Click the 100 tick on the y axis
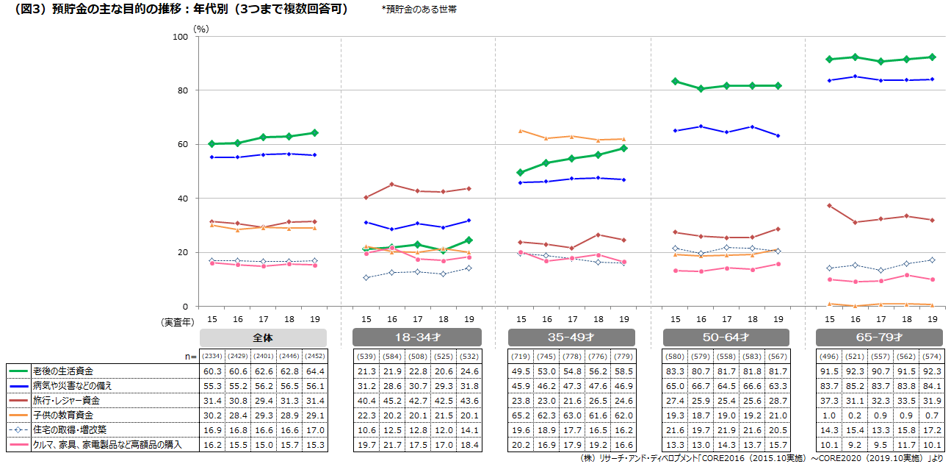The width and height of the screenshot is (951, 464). point(179,37)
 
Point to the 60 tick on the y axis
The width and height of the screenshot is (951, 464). point(181,145)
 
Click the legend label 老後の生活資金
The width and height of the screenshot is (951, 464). point(65,371)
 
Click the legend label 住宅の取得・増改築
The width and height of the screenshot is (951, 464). point(70,429)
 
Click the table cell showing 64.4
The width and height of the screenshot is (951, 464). point(314,371)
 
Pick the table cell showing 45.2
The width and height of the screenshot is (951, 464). point(391,400)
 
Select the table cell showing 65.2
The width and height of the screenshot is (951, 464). point(521,415)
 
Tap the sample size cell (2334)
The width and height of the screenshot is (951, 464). point(212,356)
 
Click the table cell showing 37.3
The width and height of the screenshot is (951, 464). point(829,400)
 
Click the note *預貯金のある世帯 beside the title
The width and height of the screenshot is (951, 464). point(419,10)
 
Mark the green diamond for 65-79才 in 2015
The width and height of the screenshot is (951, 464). point(829,60)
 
